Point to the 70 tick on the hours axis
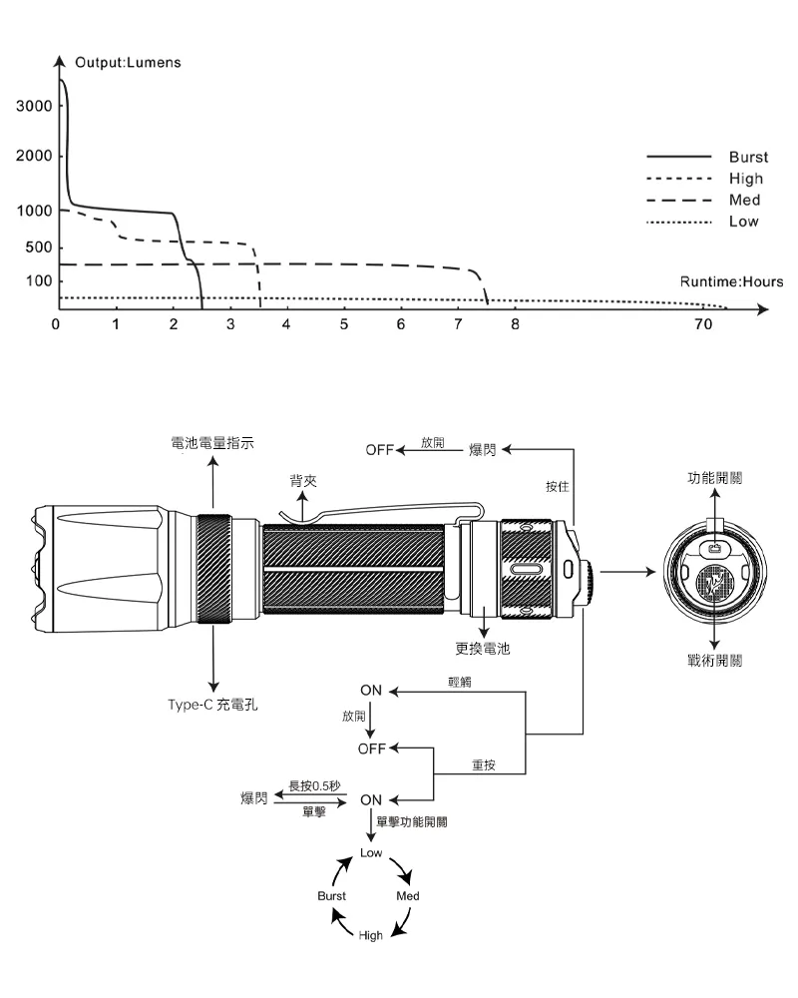pos(703,325)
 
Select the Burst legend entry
pos(748,158)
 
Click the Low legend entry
pos(743,222)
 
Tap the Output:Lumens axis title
pos(127,63)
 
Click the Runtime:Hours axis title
pos(731,282)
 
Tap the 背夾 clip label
pos(303,481)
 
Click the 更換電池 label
pos(483,648)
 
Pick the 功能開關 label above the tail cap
pos(714,478)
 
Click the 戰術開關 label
pos(714,661)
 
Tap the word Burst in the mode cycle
pos(332,896)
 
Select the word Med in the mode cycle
pos(408,896)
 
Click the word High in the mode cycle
pos(371,934)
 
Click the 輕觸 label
pos(461,681)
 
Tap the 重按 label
pos(484,766)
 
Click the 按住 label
pos(558,486)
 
